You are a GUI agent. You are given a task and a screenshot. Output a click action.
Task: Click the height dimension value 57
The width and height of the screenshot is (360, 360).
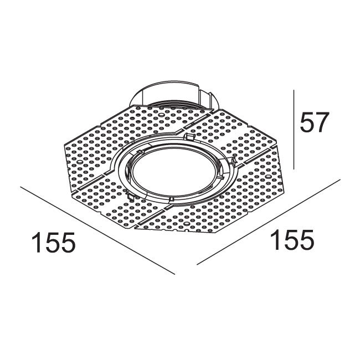pyautogui.click(x=314, y=122)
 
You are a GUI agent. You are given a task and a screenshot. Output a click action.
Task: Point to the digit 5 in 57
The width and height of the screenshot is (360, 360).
pyautogui.click(x=306, y=122)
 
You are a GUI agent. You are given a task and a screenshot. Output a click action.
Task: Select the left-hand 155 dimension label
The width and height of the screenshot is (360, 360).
pyautogui.click(x=53, y=243)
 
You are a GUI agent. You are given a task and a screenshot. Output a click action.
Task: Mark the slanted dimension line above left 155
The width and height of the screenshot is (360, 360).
pyautogui.click(x=97, y=230)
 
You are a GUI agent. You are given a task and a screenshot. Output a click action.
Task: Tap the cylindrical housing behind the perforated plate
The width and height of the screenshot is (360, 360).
pyautogui.click(x=172, y=97)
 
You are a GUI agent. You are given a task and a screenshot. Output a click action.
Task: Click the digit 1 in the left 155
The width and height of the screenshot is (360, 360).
pyautogui.click(x=36, y=243)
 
